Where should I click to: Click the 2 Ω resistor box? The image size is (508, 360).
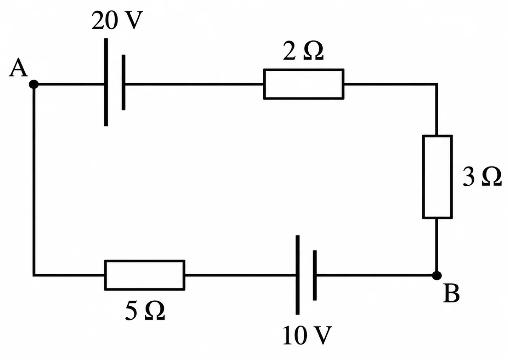coord(304,69)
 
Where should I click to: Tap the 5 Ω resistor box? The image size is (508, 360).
coord(145,261)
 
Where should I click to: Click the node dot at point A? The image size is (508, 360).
coord(34,84)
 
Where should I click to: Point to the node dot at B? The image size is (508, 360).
coord(437,275)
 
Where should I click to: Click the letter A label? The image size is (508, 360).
coord(18,67)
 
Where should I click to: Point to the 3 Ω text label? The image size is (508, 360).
coord(482,177)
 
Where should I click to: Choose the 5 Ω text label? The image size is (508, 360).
coord(145,310)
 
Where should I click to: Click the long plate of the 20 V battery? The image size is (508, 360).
coord(106,82)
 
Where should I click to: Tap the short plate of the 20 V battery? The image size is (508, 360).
coord(123,82)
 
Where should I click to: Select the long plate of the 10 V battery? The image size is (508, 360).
coord(298,275)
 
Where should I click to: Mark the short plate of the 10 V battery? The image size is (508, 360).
coord(315,275)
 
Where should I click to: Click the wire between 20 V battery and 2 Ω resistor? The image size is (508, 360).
coord(194,84)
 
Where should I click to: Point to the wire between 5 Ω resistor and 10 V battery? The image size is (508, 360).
coord(240,275)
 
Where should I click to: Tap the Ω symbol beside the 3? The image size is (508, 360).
coord(492,177)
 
